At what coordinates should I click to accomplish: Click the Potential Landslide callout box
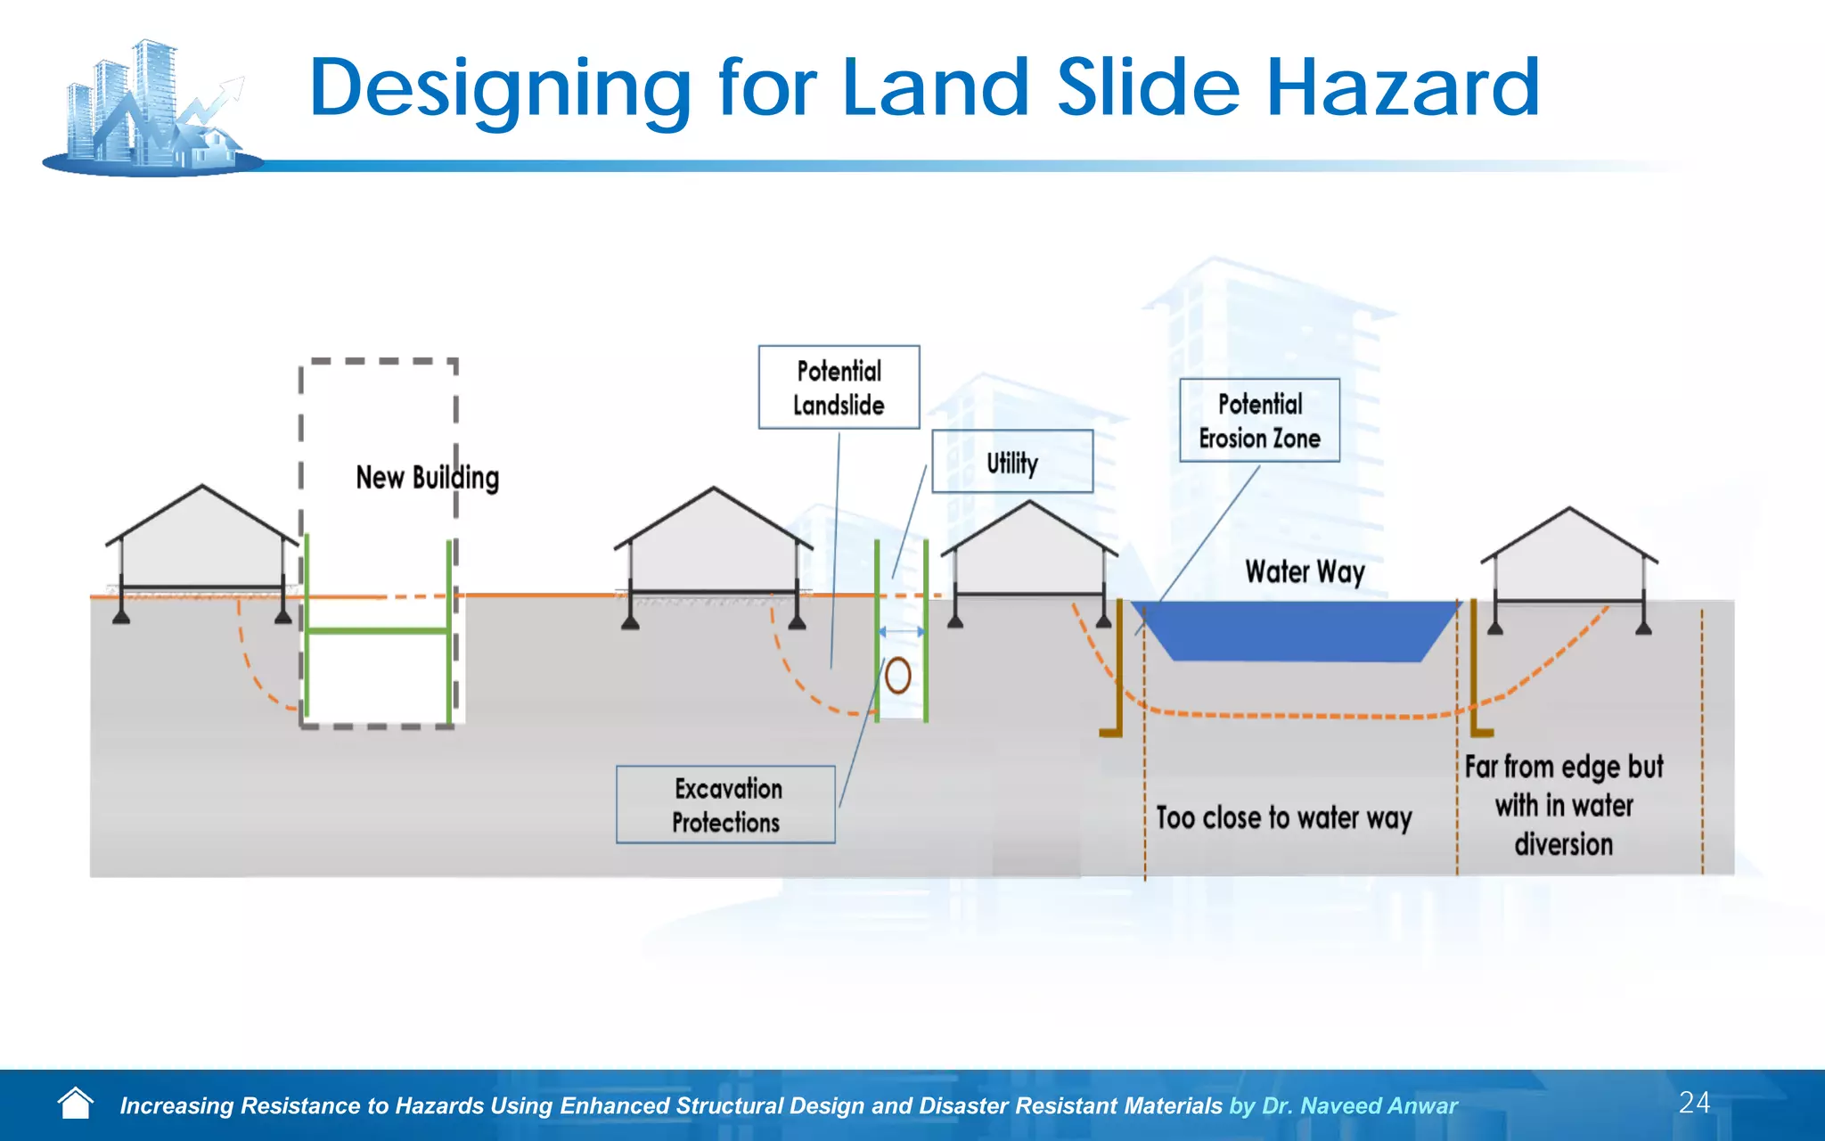839,387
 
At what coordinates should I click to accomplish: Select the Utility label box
1012,462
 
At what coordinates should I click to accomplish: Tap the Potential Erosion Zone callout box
1259,420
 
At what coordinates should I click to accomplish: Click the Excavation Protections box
725,804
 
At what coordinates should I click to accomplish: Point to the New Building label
427,478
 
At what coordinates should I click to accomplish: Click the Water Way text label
1305,571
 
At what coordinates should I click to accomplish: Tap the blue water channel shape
1297,631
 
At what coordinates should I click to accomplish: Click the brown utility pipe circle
898,676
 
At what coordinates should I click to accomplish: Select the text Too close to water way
1283,817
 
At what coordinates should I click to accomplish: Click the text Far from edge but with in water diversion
1564,805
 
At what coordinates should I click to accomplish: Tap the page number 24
1694,1103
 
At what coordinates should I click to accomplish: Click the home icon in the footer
75,1104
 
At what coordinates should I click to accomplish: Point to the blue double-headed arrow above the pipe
902,632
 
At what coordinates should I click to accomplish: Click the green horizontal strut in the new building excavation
378,631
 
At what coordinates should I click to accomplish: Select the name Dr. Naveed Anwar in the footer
1360,1106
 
